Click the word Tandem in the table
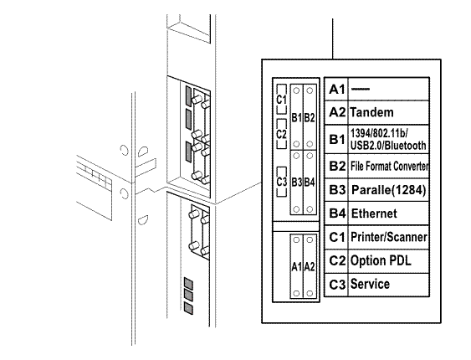pyautogui.click(x=372, y=112)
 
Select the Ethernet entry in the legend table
pyautogui.click(x=374, y=213)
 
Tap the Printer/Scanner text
pyautogui.click(x=389, y=237)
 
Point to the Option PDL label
pyautogui.click(x=381, y=260)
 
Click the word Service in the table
pyautogui.click(x=370, y=284)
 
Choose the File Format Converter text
pyautogui.click(x=390, y=166)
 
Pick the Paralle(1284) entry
pyautogui.click(x=389, y=190)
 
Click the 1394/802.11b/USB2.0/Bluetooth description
pyautogui.click(x=388, y=140)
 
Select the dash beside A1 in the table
pyautogui.click(x=361, y=89)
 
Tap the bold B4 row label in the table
pyautogui.click(x=337, y=213)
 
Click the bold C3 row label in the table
pyautogui.click(x=337, y=285)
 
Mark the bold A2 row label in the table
pyautogui.click(x=337, y=112)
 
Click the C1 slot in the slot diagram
pyautogui.click(x=281, y=99)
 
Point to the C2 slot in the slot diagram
pyautogui.click(x=281, y=134)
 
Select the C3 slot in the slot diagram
pyautogui.click(x=281, y=182)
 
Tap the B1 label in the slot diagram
pyautogui.click(x=296, y=117)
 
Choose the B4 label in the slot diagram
pyautogui.click(x=310, y=183)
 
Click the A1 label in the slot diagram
pyautogui.click(x=296, y=266)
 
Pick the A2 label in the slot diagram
pyautogui.click(x=310, y=266)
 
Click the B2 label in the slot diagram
pyautogui.click(x=310, y=117)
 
